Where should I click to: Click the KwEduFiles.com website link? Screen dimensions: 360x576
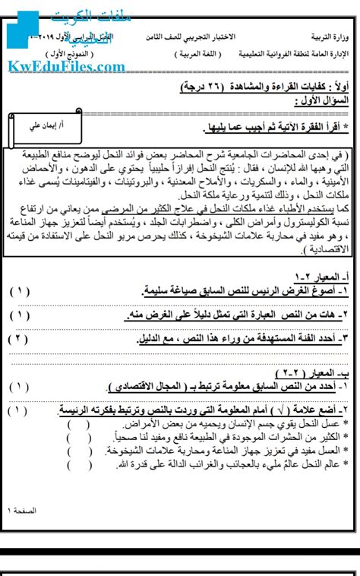point(67,67)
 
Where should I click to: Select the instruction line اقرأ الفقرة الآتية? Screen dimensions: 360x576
point(266,125)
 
